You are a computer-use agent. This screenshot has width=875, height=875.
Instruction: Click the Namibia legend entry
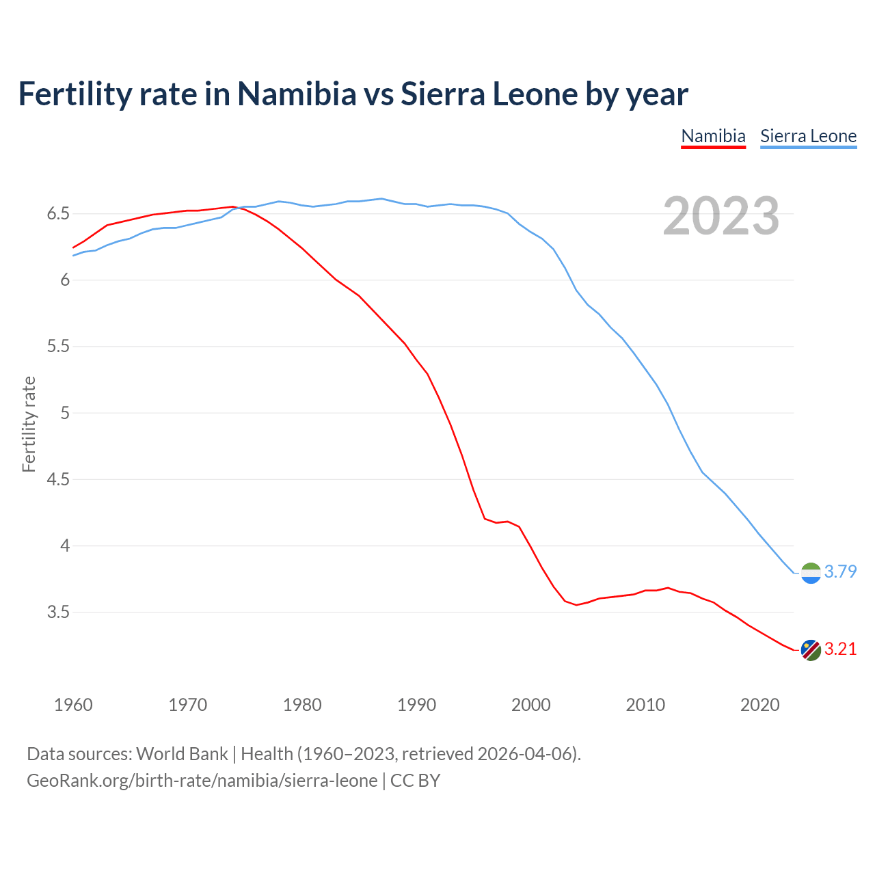pos(713,136)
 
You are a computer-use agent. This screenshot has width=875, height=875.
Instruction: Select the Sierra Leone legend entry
pos(808,136)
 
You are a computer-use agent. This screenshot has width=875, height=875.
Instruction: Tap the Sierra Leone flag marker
pos(811,573)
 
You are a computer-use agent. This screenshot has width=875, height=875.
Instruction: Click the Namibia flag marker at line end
pos(811,650)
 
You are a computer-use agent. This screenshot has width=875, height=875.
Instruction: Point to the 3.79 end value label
pos(840,571)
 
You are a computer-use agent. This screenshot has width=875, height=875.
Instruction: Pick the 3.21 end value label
pos(840,649)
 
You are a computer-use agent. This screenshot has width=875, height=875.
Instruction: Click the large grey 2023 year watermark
pos(721,216)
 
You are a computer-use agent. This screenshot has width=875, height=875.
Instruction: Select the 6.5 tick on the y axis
pos(58,214)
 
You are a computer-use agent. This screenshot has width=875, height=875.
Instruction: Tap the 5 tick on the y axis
pos(65,413)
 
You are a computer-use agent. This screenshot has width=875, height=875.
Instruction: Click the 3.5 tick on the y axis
pos(58,612)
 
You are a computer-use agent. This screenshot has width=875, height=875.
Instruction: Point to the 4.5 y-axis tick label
pos(58,479)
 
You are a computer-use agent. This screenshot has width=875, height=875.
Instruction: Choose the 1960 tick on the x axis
pos(73,705)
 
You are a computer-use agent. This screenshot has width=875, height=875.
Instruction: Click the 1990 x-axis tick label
pos(416,705)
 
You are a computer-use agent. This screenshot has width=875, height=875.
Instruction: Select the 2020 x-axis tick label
pos(759,705)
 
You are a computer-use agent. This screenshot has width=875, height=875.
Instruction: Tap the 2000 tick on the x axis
pos(530,705)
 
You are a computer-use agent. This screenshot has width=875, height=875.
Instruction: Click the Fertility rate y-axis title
pos(29,424)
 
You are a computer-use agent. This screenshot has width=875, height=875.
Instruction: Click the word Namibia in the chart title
pos(297,94)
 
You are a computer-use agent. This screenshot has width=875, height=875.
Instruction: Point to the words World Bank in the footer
pos(182,754)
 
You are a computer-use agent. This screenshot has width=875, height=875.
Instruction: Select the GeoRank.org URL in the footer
pos(202,780)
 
